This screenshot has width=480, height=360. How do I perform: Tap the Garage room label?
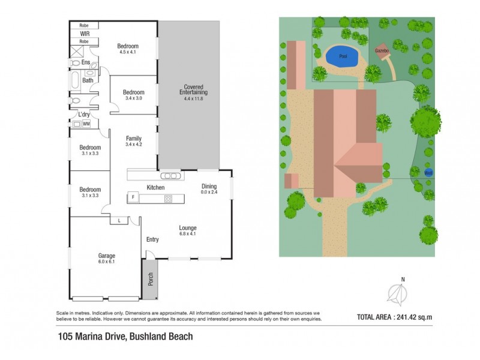[x=106, y=259]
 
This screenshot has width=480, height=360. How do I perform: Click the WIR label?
[x=85, y=34]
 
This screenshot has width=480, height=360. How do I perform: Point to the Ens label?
[x=86, y=62]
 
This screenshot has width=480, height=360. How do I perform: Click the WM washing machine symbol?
[x=86, y=124]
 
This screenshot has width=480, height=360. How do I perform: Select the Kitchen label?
[x=155, y=188]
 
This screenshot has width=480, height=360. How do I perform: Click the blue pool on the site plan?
[x=341, y=57]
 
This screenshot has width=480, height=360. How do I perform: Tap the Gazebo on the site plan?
[x=382, y=52]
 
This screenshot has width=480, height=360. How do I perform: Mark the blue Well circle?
[x=428, y=173]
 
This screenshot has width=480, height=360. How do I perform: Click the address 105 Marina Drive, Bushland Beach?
[x=125, y=337]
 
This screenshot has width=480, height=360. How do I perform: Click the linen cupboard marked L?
[x=119, y=221]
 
